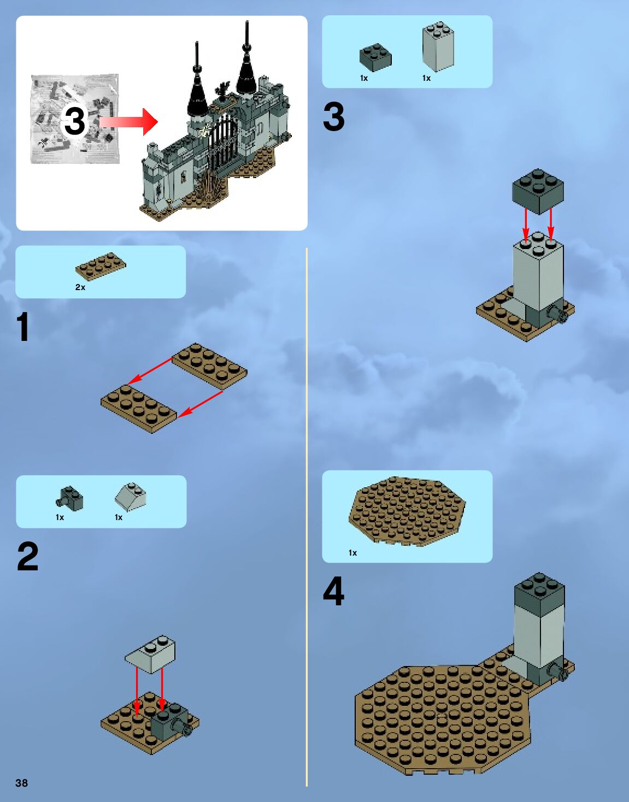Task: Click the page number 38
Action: point(21,783)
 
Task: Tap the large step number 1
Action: point(22,327)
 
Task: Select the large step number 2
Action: point(28,557)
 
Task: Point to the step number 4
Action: point(333,592)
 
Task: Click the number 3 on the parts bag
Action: point(75,121)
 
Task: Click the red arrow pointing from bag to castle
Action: point(130,121)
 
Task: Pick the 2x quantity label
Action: point(80,287)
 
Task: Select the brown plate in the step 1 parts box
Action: point(101,267)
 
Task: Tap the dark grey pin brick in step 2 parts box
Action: point(70,498)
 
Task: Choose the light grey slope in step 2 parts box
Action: point(131,496)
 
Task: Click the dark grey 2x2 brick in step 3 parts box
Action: point(375,57)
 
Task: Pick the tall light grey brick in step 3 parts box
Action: point(438,48)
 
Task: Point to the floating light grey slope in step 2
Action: point(150,653)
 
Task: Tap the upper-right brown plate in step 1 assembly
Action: point(210,365)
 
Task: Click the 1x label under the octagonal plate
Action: point(352,553)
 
